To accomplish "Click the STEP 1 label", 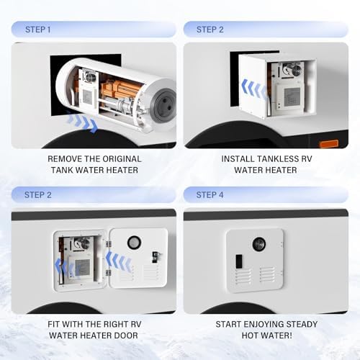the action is point(38,30).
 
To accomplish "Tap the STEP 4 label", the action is point(210,195).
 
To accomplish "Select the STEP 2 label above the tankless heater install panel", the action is point(210,30).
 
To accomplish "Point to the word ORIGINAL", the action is point(122,159).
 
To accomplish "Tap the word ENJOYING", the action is point(264,324).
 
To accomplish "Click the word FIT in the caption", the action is point(53,324).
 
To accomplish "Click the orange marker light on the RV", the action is point(328,144).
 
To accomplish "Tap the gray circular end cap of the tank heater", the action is point(164,105).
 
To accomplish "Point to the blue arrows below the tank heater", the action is point(81,122).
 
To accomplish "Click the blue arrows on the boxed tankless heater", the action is point(254,90).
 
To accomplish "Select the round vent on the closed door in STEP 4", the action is point(258,244).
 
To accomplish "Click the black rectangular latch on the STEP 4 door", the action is point(239,261).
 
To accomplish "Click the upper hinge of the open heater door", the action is point(109,244).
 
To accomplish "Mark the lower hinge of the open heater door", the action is point(109,273).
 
